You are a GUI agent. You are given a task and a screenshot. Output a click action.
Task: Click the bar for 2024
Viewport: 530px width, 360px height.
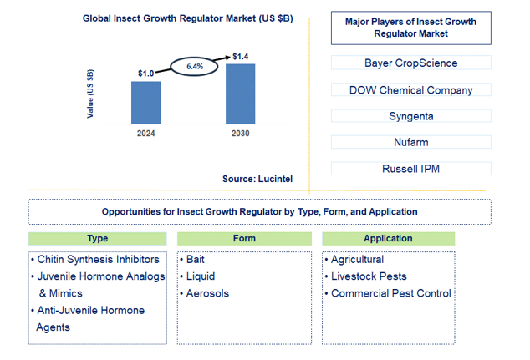(145, 101)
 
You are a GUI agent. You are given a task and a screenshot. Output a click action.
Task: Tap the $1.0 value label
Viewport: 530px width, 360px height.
(145, 74)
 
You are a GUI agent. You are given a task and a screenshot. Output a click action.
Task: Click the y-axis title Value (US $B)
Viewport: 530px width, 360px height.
(90, 92)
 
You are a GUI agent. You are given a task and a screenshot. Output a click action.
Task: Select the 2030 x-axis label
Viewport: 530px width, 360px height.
(241, 133)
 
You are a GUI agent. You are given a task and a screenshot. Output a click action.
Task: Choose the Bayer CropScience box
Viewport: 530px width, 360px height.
(410, 63)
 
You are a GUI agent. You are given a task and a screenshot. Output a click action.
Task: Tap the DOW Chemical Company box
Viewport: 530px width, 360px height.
(410, 89)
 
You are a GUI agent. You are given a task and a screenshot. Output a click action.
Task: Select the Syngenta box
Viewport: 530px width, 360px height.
(410, 116)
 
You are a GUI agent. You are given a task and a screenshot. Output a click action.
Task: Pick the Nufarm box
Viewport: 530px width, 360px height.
(410, 143)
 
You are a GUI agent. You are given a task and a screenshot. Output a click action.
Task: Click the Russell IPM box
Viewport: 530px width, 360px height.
(410, 169)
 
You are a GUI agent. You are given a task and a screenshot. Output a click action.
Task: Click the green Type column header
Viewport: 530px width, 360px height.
(97, 238)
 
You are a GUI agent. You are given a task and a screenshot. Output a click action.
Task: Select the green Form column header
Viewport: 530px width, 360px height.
(244, 238)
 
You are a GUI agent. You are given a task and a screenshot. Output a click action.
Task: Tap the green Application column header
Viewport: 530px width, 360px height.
(388, 238)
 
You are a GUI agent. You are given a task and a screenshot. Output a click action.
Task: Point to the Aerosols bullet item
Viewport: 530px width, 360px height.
(206, 293)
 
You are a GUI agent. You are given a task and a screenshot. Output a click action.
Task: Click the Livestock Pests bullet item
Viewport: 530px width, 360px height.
(369, 276)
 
